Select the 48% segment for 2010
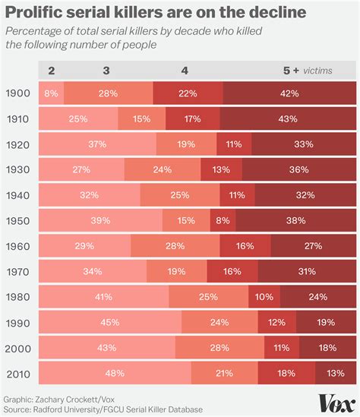click(115, 373)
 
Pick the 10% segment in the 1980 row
click(265, 296)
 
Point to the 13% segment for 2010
click(335, 373)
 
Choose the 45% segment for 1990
click(110, 322)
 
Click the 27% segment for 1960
click(312, 245)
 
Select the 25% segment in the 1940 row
click(180, 194)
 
